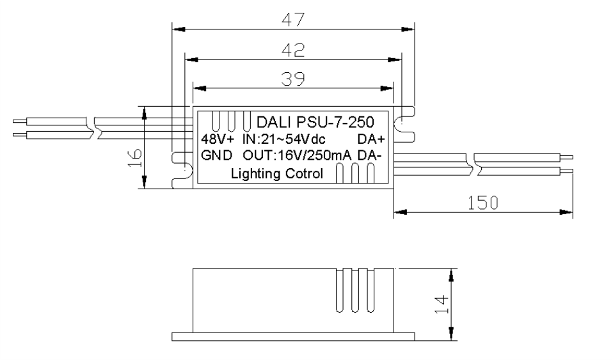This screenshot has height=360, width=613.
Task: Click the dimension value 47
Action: coord(294,20)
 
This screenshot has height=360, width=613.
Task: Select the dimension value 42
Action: coord(294,50)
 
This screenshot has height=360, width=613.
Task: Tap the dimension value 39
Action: coord(294,78)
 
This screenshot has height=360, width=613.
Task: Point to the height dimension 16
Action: coord(134,155)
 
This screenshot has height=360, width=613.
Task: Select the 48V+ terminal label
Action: coord(218,139)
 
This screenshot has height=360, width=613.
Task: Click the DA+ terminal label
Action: coord(372,139)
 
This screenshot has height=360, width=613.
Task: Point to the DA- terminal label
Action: coord(371,155)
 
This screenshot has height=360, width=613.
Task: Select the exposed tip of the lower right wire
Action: coord(567,171)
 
